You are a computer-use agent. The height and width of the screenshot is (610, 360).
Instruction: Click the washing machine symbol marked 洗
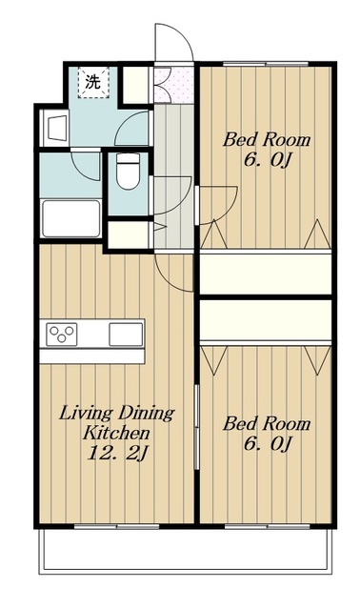click(93, 83)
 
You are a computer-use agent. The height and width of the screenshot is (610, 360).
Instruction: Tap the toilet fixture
click(128, 171)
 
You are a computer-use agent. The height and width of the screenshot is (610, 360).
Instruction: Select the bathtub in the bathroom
click(71, 218)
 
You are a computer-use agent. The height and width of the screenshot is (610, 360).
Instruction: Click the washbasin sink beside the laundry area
click(57, 128)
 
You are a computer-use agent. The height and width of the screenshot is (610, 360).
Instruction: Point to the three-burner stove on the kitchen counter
click(62, 335)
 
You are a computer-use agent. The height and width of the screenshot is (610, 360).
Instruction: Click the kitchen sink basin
click(126, 335)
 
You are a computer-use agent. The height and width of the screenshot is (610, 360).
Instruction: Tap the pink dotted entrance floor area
click(173, 85)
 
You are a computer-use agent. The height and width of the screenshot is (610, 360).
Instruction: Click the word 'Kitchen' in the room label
click(116, 433)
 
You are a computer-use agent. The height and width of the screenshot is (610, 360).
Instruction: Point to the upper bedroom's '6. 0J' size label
click(268, 159)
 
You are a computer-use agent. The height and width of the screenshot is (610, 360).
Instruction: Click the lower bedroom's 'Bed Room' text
click(267, 423)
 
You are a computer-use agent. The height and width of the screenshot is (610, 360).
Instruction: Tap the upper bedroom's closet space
click(266, 274)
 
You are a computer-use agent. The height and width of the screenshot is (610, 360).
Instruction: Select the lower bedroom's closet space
click(266, 320)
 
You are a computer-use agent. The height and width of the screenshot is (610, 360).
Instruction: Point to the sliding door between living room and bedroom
click(197, 427)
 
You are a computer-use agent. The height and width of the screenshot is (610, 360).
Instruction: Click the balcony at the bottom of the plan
click(186, 551)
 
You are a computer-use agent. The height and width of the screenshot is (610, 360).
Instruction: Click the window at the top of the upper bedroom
click(266, 64)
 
